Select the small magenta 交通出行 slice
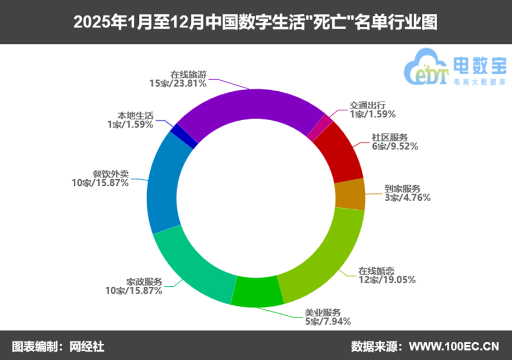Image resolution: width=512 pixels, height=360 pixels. [x=321, y=127]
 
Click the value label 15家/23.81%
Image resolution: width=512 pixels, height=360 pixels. [x=178, y=84]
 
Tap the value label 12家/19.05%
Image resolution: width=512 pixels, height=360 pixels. [x=386, y=280]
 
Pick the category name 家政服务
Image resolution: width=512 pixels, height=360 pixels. [x=144, y=282]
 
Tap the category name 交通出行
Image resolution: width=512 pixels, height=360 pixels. [x=368, y=105]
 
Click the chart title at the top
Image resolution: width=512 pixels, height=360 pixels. [x=256, y=23]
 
